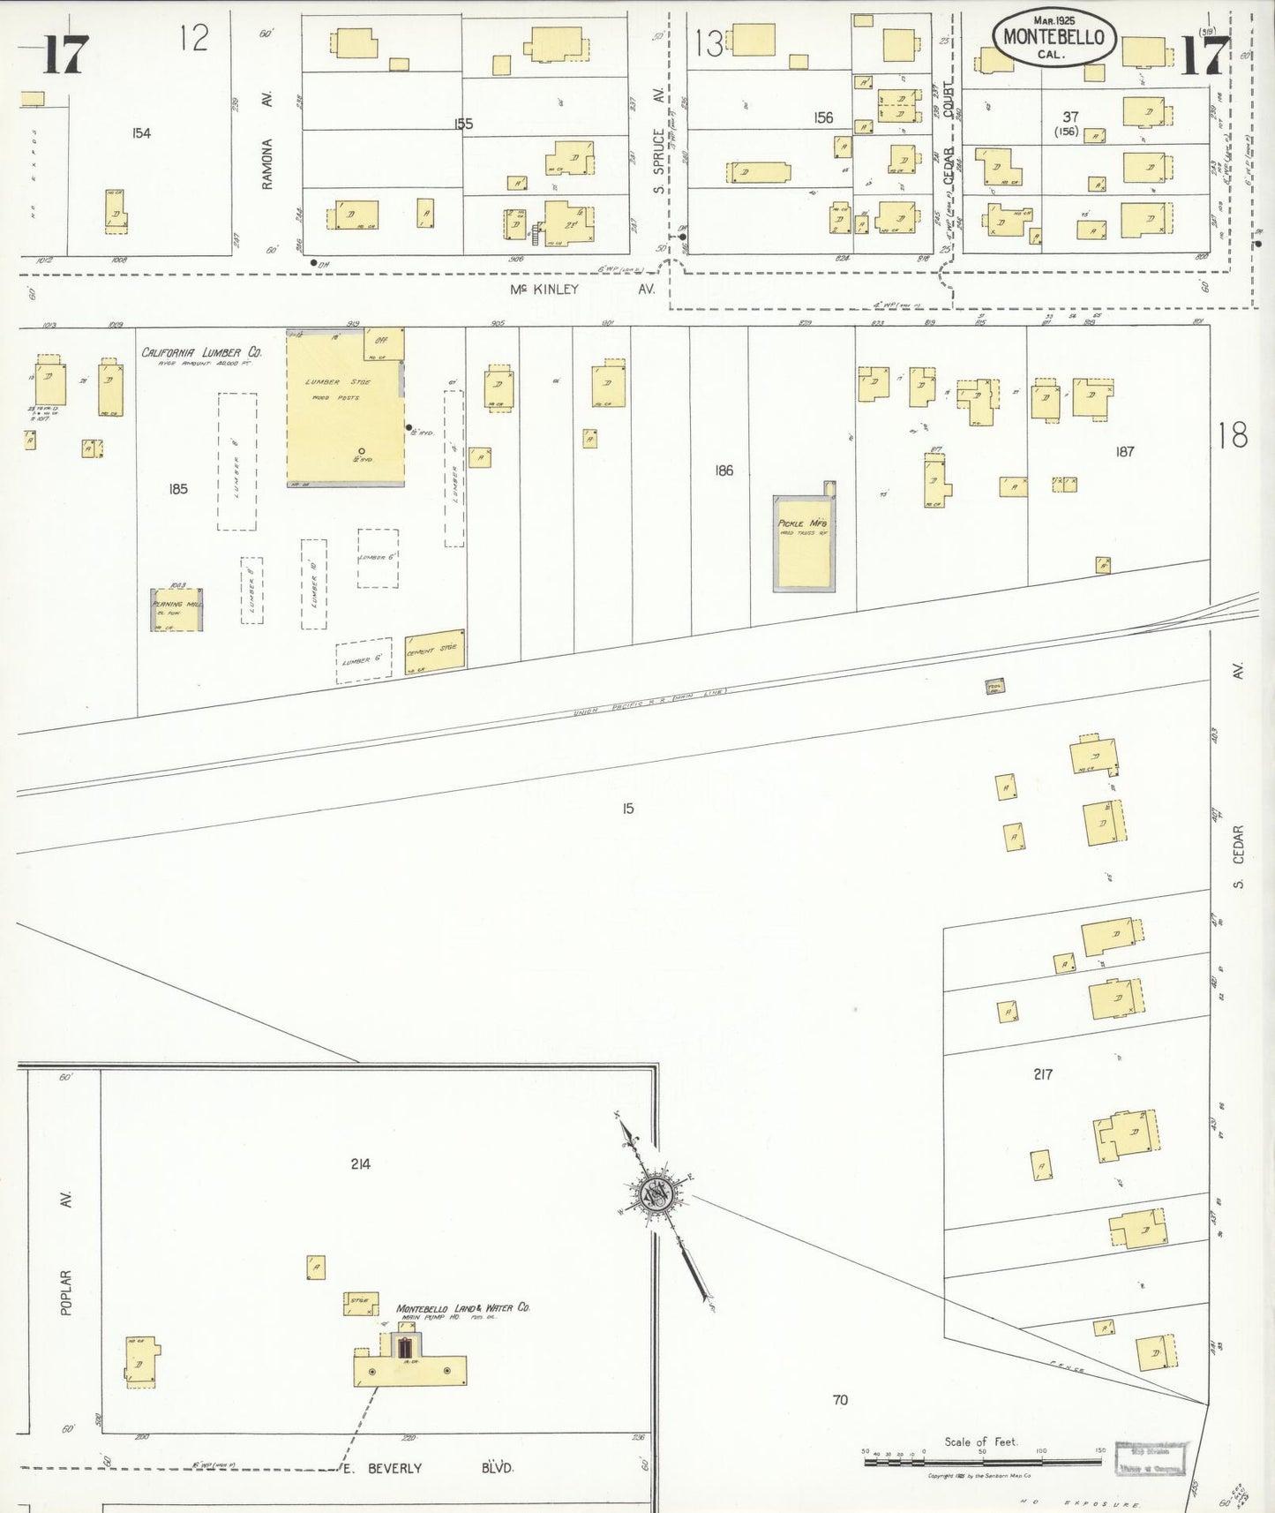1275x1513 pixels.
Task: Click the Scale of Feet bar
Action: [982, 1461]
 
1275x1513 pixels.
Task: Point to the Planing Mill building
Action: [176, 609]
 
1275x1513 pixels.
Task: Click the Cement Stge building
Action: [434, 652]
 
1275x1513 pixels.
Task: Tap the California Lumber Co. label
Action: [202, 353]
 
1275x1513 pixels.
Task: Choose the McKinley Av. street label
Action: [582, 289]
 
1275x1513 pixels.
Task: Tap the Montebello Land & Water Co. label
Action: [462, 1307]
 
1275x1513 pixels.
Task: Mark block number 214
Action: [360, 1164]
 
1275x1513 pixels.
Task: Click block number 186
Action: [724, 470]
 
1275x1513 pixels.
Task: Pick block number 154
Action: [141, 133]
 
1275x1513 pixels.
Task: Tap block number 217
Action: [1043, 1074]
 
